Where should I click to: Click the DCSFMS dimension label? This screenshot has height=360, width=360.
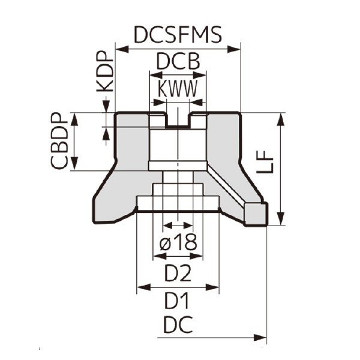(178, 35)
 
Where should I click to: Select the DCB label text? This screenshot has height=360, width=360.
(178, 61)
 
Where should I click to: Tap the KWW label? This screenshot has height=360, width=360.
(178, 89)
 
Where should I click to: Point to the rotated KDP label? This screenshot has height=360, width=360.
(105, 71)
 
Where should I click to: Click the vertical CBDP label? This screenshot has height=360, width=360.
(59, 141)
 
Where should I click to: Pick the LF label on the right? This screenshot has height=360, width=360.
(265, 161)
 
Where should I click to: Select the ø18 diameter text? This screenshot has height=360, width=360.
(178, 242)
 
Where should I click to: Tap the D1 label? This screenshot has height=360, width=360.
(176, 301)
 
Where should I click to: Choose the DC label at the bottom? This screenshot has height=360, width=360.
(178, 325)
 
